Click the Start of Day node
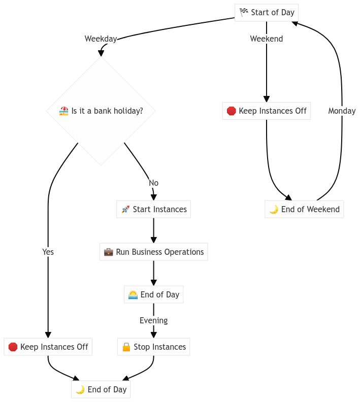click(266, 13)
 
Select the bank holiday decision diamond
click(101, 111)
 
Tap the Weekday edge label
click(101, 39)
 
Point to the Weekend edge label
click(266, 39)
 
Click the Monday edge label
click(342, 111)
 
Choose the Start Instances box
click(153, 209)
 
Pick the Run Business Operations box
click(153, 252)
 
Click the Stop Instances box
click(153, 347)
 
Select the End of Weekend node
click(304, 209)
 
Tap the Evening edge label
click(153, 320)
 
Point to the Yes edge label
click(48, 252)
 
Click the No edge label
click(153, 183)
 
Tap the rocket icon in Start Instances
click(125, 209)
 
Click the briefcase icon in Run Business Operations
click(108, 252)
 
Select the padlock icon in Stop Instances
click(126, 347)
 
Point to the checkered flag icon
click(244, 13)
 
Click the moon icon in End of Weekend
click(273, 210)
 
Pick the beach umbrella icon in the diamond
click(63, 111)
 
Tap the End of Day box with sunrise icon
click(153, 294)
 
